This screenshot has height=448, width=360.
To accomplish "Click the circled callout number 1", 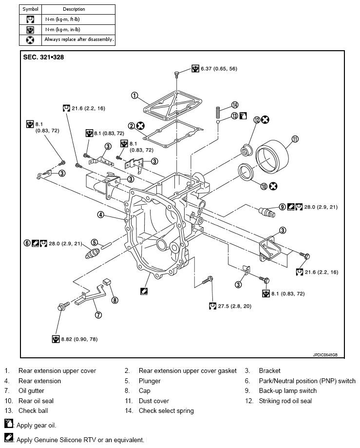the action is click(x=134, y=96).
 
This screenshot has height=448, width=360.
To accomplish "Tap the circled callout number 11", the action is click(x=295, y=139).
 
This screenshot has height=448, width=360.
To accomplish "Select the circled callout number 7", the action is click(x=98, y=315).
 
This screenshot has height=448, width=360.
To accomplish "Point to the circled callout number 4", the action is click(x=101, y=214).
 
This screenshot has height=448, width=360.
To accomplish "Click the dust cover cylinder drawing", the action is click(x=272, y=156).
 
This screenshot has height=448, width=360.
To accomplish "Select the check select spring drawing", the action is click(x=218, y=112).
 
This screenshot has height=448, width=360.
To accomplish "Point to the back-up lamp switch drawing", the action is click(x=267, y=212).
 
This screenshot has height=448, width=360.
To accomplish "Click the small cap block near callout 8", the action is click(x=107, y=281).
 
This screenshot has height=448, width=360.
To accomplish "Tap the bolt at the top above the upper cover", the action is click(x=177, y=75).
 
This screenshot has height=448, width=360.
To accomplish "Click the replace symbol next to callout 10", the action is click(x=273, y=186).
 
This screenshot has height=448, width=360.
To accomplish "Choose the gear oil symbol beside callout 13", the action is click(x=243, y=116).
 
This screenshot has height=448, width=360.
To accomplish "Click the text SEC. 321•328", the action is click(x=43, y=57).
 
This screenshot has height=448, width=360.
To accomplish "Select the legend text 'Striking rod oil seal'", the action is click(x=285, y=401).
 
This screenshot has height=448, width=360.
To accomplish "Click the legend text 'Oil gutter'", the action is click(x=31, y=391).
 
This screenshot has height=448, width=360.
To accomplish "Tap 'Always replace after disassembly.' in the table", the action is click(x=79, y=39).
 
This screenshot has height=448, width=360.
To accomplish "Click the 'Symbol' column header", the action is click(x=31, y=9).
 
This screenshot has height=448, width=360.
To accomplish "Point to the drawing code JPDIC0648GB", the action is click(x=325, y=355).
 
